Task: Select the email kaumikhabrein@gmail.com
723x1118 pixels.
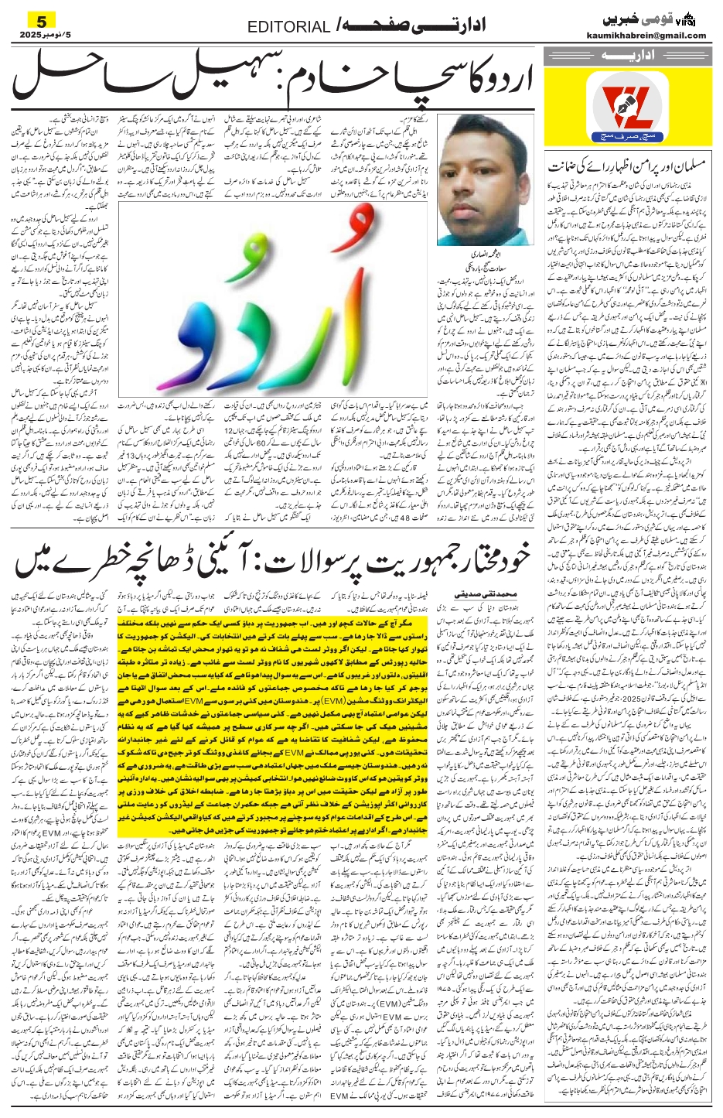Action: pyautogui.click(x=654, y=36)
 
